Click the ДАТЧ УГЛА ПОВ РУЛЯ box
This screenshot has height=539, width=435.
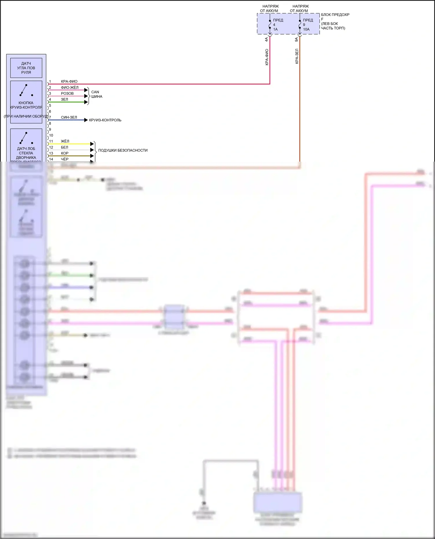coord(26,68)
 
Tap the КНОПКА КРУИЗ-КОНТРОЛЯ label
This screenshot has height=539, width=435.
coord(26,105)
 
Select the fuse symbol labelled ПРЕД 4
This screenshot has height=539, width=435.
coord(270,24)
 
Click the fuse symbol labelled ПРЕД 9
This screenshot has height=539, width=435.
coord(300,24)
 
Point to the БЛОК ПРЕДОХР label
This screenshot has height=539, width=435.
coord(335,15)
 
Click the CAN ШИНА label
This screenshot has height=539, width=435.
coord(97,94)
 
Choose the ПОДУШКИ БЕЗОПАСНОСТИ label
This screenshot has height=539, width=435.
coord(123,150)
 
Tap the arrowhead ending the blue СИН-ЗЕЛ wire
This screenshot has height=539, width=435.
coord(86,120)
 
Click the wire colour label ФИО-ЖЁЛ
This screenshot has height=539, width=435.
coord(70,87)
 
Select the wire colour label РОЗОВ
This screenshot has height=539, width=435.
coord(67,94)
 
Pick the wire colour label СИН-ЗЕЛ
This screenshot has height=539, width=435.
coord(69,117)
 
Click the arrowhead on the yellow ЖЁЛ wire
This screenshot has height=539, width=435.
coord(92,144)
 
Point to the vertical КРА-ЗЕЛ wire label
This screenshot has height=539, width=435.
coord(297,56)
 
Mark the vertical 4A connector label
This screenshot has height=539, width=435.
coord(267,39)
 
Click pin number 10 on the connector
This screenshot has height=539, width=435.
coord(51,135)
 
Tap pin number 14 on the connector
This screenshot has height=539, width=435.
coord(51,159)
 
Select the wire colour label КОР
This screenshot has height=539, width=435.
coord(65,153)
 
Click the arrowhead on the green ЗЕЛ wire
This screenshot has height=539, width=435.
coord(86,102)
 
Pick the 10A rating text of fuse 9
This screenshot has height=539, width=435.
coord(306,29)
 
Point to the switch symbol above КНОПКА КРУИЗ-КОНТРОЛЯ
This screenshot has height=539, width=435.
coord(26,90)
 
